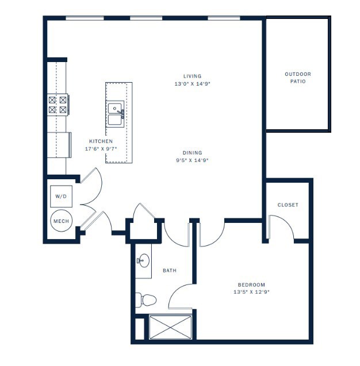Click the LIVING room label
click(x=192, y=76)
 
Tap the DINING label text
click(x=192, y=153)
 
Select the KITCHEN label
click(x=101, y=141)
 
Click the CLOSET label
click(x=288, y=205)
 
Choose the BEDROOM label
click(x=251, y=285)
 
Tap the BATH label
click(x=169, y=270)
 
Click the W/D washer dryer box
click(x=61, y=197)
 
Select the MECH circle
click(x=61, y=221)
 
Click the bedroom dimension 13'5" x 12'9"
click(x=251, y=292)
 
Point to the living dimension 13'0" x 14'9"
click(x=192, y=84)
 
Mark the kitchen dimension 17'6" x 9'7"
click(x=101, y=149)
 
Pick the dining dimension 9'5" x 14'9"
click(x=192, y=160)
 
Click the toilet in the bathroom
click(x=146, y=299)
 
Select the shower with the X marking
click(x=170, y=327)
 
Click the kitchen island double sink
click(x=116, y=114)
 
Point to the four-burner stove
click(x=58, y=104)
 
